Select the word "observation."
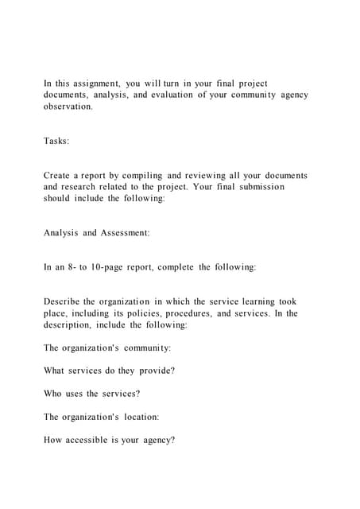point(68,107)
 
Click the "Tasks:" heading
point(56,141)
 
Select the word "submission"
point(257,187)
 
